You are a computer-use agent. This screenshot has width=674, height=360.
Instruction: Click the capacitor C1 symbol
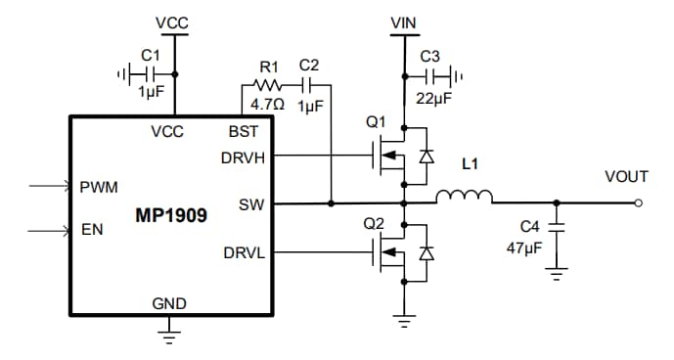tap(146, 73)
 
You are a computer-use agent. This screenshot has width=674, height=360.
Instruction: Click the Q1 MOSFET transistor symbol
tap(396, 155)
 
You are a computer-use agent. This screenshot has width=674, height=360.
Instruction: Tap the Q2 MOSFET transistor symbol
tap(396, 254)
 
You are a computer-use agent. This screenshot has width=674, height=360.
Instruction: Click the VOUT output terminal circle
tap(638, 203)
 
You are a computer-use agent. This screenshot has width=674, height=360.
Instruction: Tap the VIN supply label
tap(402, 22)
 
